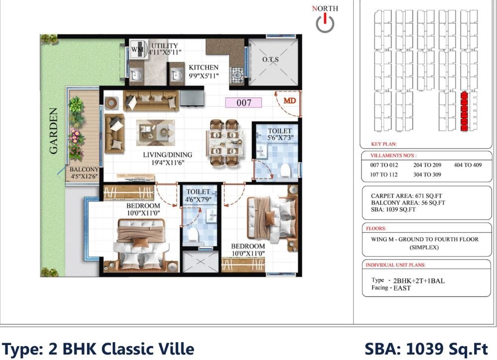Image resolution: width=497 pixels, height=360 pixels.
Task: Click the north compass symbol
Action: click(325, 22)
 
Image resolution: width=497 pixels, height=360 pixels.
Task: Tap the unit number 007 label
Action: click(244, 103)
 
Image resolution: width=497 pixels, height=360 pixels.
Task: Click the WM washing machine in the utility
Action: click(137, 50)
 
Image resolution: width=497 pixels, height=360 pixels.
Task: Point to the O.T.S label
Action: click(271, 60)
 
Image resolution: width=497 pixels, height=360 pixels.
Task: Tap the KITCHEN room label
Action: click(203, 68)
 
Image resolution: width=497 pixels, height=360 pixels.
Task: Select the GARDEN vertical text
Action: click(54, 131)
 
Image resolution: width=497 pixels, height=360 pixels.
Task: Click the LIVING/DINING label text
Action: click(167, 155)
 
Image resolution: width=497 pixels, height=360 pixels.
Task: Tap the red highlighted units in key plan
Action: click(464, 111)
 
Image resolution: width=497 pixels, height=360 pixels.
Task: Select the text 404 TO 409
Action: click(468, 165)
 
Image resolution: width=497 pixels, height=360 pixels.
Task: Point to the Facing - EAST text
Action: click(391, 288)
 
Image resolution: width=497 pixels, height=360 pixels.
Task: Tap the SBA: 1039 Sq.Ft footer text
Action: click(426, 349)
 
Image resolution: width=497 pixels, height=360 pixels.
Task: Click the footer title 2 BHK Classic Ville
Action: click(98, 349)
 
